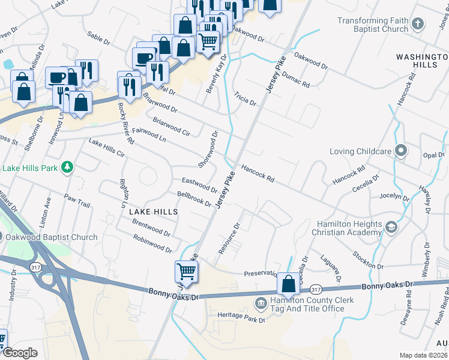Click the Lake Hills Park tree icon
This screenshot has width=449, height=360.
click(69, 166)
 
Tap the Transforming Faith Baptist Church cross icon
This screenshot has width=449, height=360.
click(418, 25)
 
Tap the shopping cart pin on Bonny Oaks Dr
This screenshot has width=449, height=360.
click(186, 271)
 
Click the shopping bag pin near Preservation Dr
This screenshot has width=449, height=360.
click(288, 284)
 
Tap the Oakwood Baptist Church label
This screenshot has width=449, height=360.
click(52, 237)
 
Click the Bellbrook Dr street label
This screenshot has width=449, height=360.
click(194, 199)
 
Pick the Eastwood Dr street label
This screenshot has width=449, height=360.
click(199, 184)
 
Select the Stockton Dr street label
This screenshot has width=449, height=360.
click(367, 261)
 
